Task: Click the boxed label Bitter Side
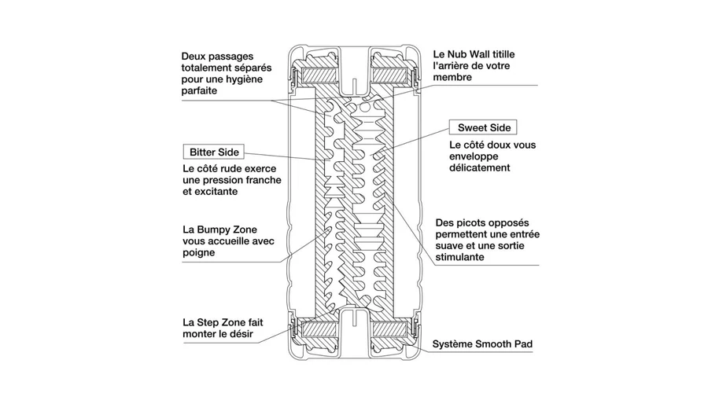click(x=213, y=151)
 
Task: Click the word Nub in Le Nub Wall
click(x=461, y=54)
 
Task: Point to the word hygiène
click(x=249, y=79)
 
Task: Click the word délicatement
click(x=480, y=167)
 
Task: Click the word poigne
click(x=198, y=254)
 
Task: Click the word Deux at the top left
click(x=194, y=57)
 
